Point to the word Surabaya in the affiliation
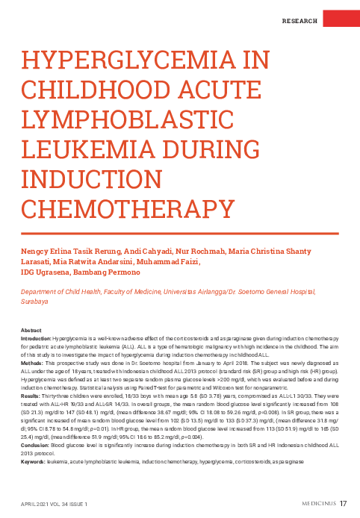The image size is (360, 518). (34, 302)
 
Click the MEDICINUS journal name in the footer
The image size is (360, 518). (312, 503)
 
